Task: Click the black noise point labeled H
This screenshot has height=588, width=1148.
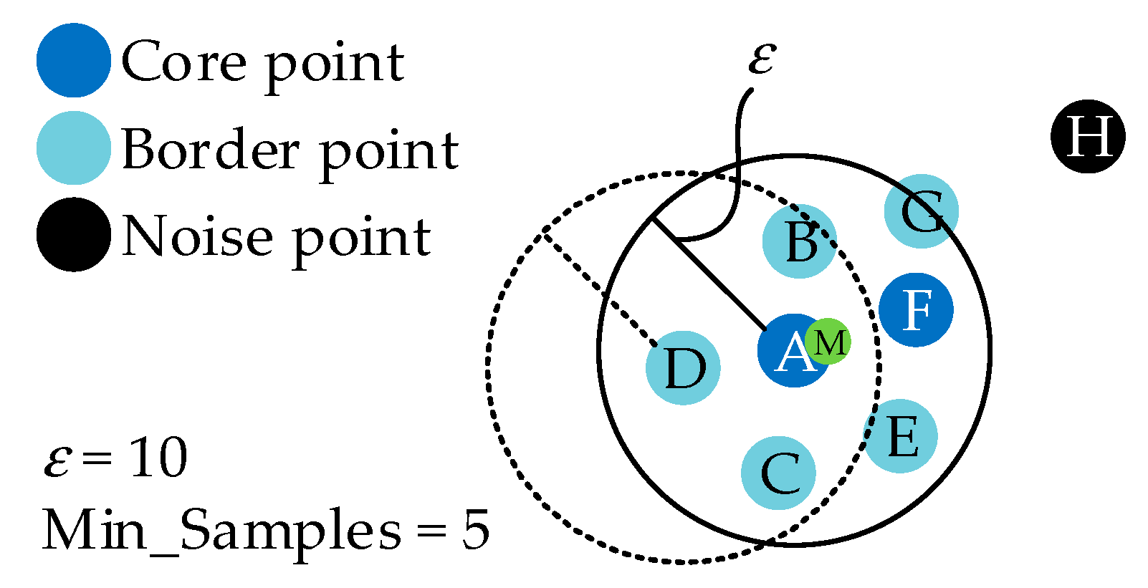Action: click(x=1088, y=136)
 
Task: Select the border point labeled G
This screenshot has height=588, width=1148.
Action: click(x=921, y=211)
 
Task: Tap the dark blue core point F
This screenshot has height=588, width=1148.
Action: click(x=916, y=309)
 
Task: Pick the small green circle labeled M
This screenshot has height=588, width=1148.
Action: click(x=829, y=342)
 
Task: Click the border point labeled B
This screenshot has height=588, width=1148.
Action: click(x=799, y=241)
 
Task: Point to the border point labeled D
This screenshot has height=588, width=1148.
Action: click(x=683, y=367)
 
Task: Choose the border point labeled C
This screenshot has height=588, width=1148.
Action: click(x=778, y=473)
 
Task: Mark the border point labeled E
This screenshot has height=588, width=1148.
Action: click(x=901, y=435)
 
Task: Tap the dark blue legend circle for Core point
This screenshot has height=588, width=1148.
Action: click(x=73, y=60)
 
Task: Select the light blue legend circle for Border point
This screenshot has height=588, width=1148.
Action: click(x=73, y=148)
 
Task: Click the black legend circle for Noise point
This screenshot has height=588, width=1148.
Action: click(x=73, y=235)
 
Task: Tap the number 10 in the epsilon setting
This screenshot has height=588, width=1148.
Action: click(x=158, y=458)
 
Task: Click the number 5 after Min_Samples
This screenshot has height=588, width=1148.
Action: click(x=475, y=531)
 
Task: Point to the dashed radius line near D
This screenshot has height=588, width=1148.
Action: click(x=601, y=289)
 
